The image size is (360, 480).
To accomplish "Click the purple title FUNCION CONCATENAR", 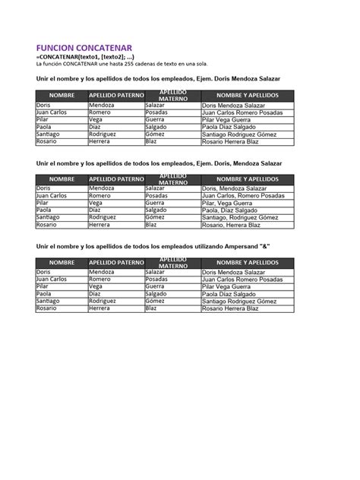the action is click(x=84, y=47).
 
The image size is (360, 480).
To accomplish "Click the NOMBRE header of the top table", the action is click(x=62, y=95).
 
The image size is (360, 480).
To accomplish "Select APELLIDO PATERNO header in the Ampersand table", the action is click(x=116, y=262).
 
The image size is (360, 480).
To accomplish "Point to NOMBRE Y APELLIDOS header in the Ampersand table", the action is click(x=247, y=262).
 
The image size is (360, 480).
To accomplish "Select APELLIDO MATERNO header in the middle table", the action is click(x=172, y=178).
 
